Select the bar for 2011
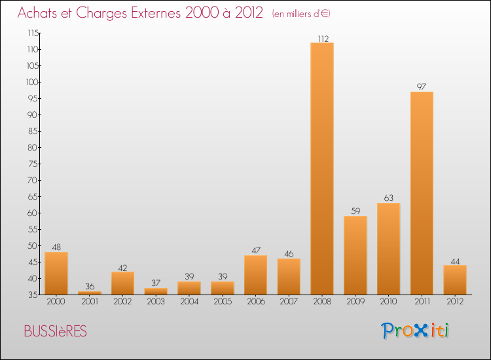click(x=422, y=193)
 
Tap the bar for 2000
click(x=56, y=273)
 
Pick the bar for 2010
click(x=388, y=249)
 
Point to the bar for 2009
click(x=355, y=255)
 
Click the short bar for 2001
click(x=90, y=293)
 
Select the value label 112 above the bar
click(x=322, y=38)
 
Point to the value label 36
click(x=90, y=287)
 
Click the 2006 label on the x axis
click(x=255, y=302)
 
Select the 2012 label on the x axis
click(x=455, y=302)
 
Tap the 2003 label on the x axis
click(x=156, y=302)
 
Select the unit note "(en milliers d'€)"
click(x=301, y=14)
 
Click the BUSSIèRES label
click(x=55, y=331)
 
